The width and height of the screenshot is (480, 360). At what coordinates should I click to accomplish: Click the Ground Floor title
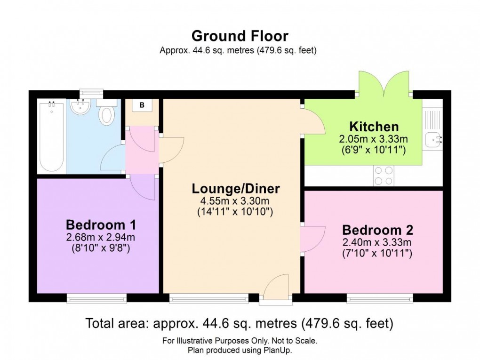tap(240, 36)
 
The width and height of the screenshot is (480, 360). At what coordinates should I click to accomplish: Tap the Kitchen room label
tap(374, 127)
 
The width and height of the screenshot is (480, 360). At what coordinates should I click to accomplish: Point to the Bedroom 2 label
tap(377, 230)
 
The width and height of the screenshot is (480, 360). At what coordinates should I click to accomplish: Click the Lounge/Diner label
tap(236, 189)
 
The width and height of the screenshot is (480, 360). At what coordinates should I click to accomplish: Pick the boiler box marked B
tap(142, 105)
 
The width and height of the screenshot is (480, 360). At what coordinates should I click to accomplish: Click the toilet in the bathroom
tap(107, 113)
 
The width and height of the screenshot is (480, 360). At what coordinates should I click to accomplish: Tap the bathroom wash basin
tap(81, 107)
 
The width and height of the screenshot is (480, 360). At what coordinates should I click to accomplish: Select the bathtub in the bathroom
tap(51, 136)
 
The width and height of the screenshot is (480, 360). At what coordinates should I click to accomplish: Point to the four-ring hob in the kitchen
tap(383, 176)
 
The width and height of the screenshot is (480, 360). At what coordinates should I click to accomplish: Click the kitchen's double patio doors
tap(384, 84)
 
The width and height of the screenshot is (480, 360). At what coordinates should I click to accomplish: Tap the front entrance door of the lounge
tap(275, 288)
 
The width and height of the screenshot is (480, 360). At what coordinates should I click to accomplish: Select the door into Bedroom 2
tap(312, 239)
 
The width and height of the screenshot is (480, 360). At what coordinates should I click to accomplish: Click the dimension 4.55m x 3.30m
tap(236, 201)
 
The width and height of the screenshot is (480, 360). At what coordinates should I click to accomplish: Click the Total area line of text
tap(239, 324)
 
